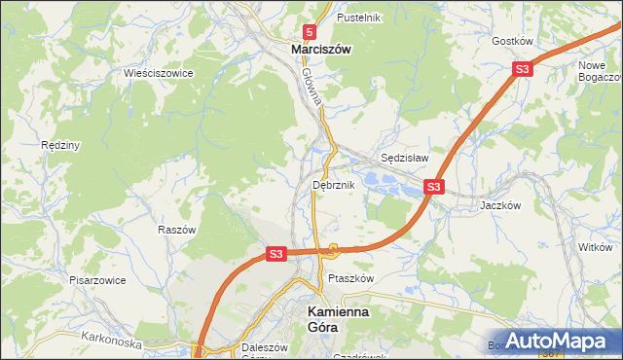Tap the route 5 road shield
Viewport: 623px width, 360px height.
[309, 31]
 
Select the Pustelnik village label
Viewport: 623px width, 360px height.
[358, 18]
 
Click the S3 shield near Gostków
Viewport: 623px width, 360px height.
[523, 68]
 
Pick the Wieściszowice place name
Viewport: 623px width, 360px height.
[158, 73]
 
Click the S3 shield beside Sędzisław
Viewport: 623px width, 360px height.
[434, 186]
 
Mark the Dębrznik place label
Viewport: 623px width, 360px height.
[333, 184]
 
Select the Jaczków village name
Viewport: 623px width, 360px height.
[501, 206]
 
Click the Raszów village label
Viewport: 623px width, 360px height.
[177, 230]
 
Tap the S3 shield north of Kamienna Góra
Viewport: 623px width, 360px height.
[276, 253]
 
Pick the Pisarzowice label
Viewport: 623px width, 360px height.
[95, 279]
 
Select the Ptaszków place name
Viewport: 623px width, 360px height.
[350, 278]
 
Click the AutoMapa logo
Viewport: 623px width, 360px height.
[562, 341]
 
